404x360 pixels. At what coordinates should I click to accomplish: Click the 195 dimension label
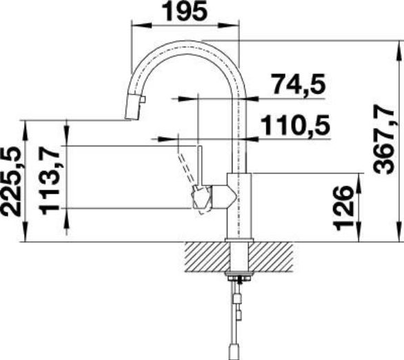point(186,11)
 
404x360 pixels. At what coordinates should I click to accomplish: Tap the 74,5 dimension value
point(299,84)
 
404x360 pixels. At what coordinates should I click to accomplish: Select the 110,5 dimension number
point(296,126)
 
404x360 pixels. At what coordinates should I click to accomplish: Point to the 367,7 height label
point(384,139)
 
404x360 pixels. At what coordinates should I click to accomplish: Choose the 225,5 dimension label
point(10,181)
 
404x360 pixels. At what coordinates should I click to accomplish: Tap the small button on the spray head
point(143,99)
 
